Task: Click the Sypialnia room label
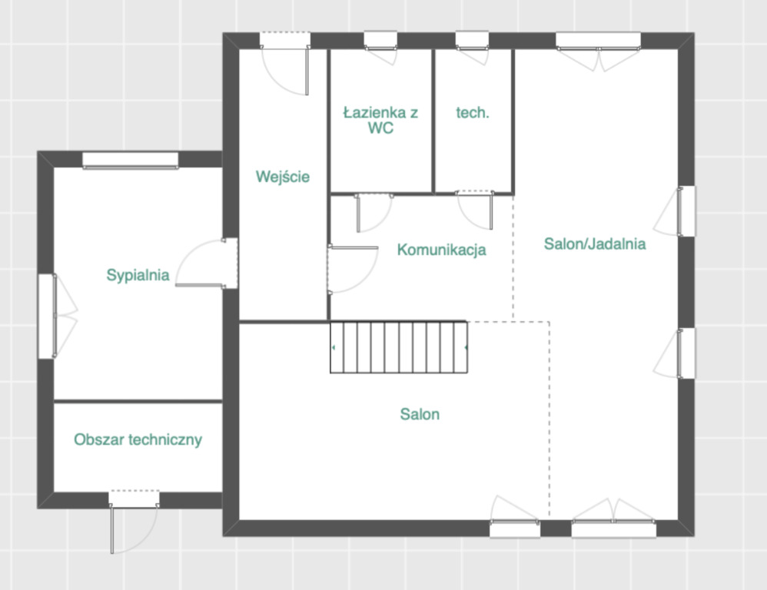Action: [x=138, y=275]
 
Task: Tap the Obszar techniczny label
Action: [x=138, y=439]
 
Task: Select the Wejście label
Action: [x=283, y=177]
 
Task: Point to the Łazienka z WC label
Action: [x=380, y=121]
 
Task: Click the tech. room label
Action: [x=473, y=112]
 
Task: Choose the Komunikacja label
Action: [x=442, y=250]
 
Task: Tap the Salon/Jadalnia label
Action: [x=595, y=244]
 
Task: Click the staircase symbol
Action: [x=399, y=347]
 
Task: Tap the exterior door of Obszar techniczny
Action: [x=134, y=522]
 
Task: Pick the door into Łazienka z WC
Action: [x=374, y=212]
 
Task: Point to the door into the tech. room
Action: [x=475, y=210]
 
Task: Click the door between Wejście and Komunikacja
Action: [x=352, y=270]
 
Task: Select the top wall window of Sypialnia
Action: [x=130, y=161]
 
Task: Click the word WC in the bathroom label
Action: [x=380, y=128]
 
